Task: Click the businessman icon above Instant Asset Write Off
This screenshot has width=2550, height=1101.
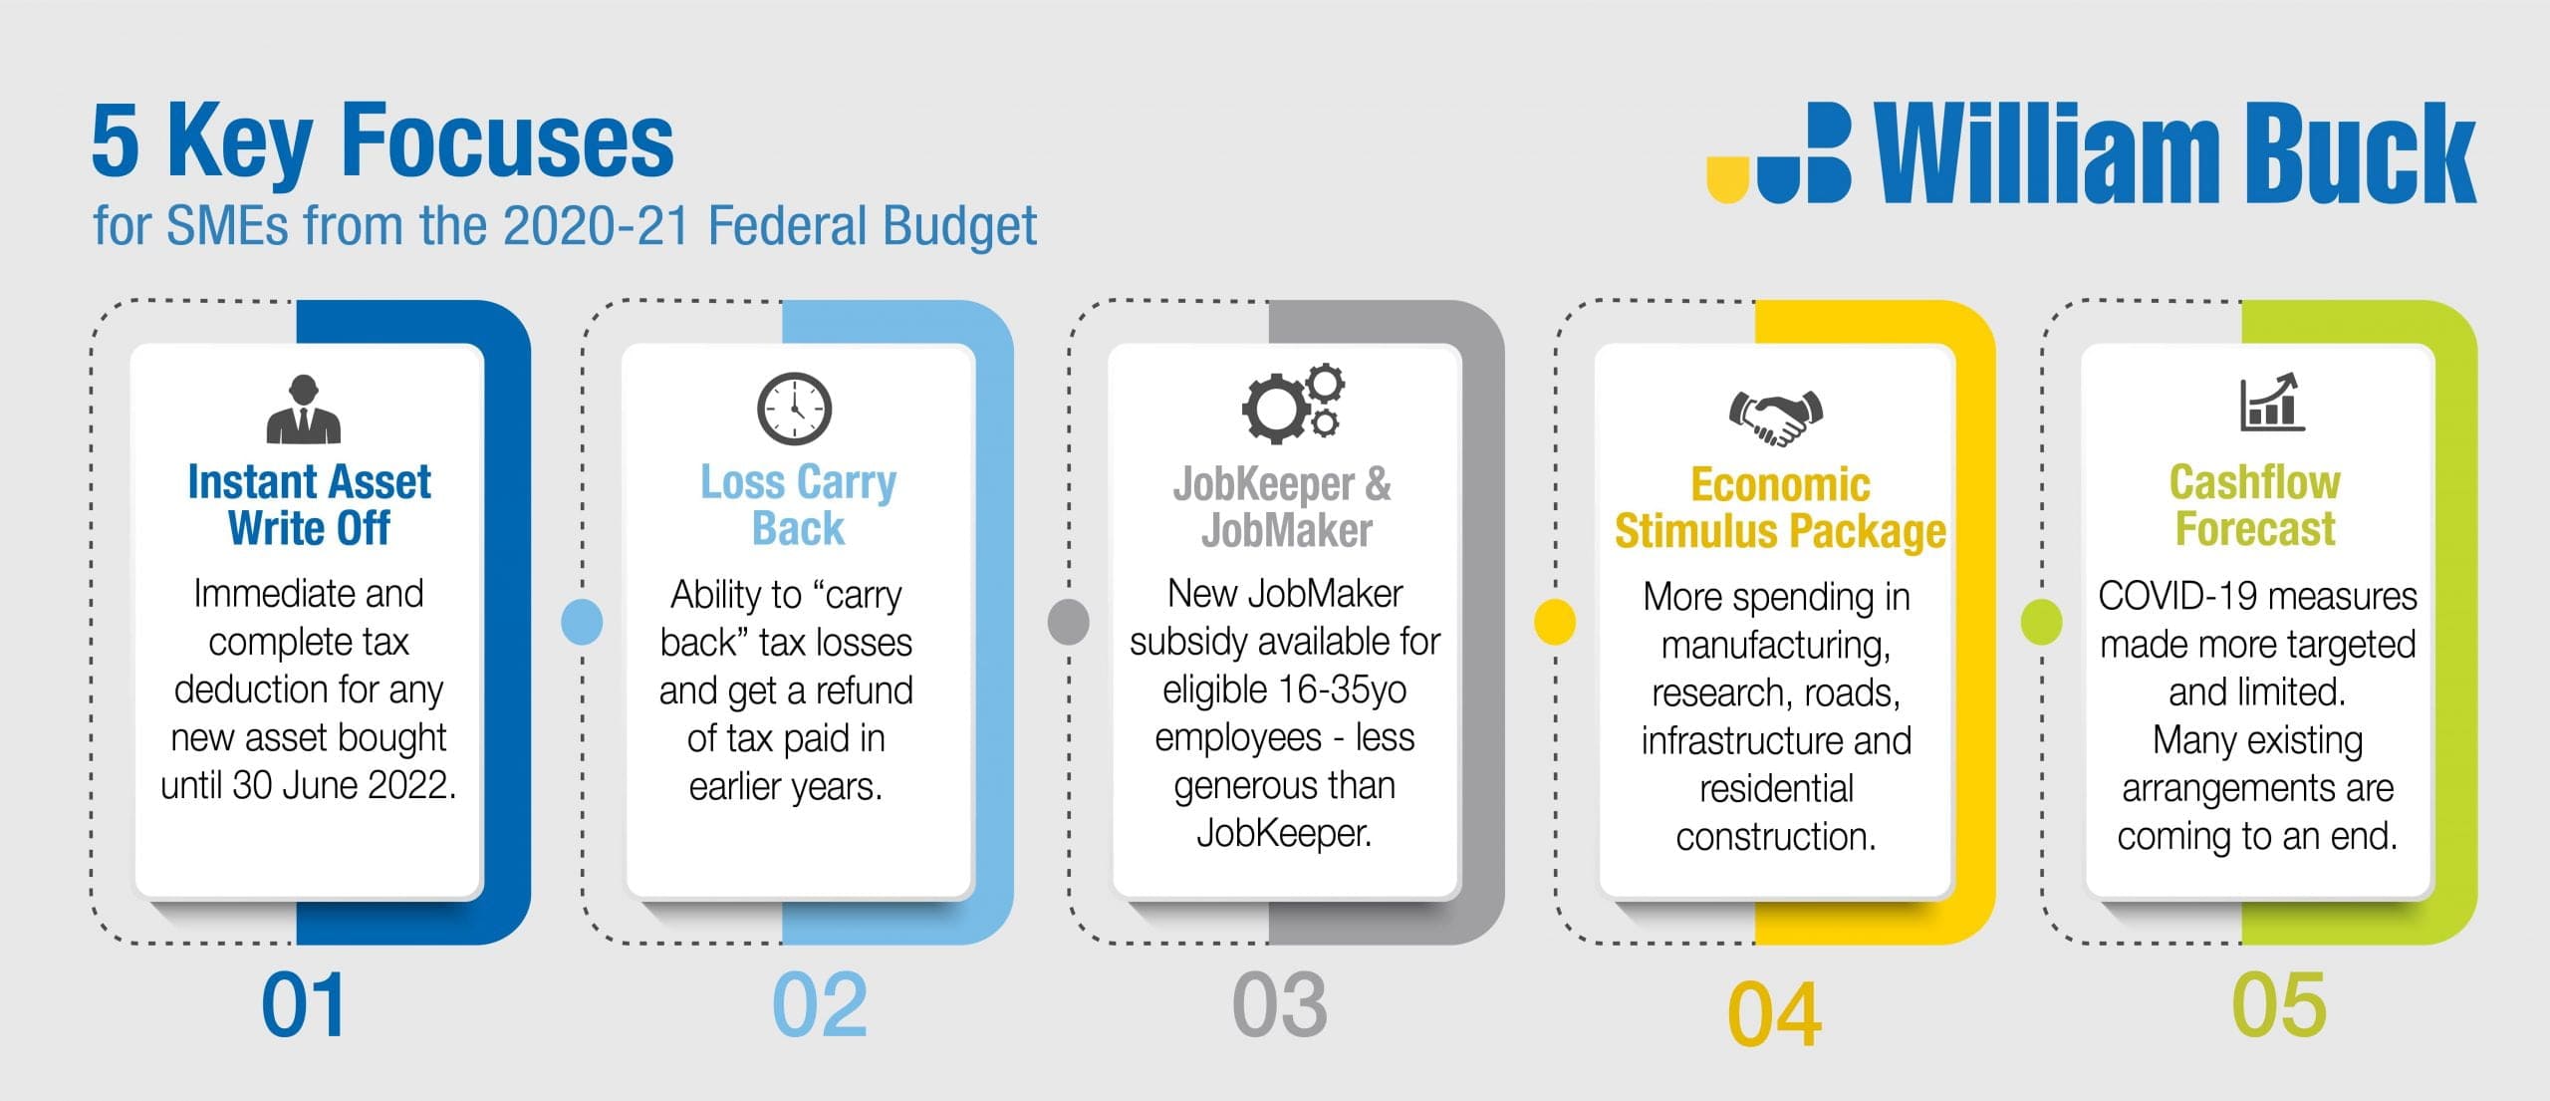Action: tap(304, 409)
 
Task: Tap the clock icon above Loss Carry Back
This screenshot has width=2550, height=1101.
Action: tap(794, 409)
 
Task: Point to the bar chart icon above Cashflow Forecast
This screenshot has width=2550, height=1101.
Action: tap(2272, 403)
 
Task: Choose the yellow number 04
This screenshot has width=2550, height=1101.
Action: tap(1774, 1014)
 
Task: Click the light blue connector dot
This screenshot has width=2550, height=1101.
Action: tap(582, 622)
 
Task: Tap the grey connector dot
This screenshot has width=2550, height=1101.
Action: tap(1069, 622)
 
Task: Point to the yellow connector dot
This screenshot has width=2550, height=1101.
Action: tap(1555, 622)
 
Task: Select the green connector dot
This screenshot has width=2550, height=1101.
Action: tap(2041, 622)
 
